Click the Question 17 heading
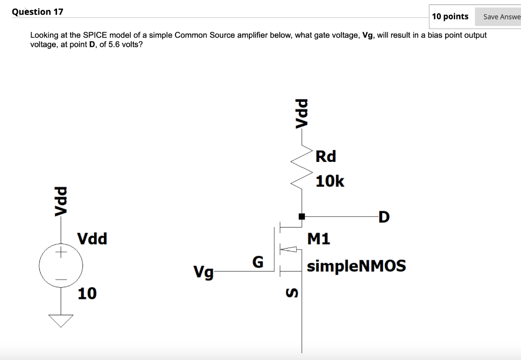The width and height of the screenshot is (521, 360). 37,12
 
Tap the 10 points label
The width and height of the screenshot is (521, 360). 450,16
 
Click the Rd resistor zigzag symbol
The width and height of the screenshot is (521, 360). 302,168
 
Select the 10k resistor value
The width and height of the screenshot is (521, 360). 330,181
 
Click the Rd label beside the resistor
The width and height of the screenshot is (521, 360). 326,156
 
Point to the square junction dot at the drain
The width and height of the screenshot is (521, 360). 302,216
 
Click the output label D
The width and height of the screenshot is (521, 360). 384,217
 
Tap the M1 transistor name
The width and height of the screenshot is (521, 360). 319,239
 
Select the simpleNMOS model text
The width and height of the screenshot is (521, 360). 356,266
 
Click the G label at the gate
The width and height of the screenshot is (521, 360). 258,262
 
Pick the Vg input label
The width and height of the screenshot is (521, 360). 204,272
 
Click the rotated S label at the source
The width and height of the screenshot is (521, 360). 292,293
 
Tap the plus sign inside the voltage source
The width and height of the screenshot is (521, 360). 61,253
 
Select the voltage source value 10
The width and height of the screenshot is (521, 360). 87,293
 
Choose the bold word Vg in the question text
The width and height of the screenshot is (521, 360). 367,35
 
